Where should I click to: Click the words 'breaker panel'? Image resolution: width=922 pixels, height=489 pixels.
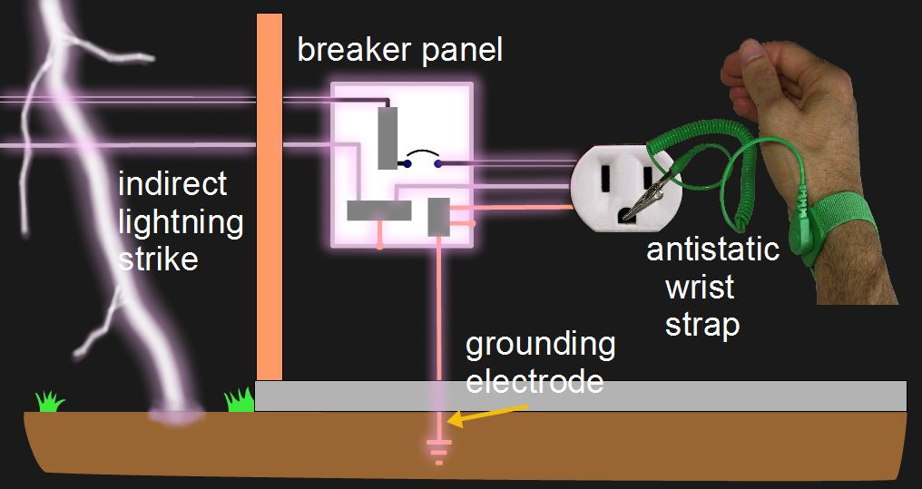(399, 51)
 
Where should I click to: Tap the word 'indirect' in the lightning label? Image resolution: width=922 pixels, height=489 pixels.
(172, 184)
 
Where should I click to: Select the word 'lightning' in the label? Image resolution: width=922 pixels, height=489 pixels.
(181, 221)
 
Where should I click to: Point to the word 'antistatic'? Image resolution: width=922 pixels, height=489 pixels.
(712, 249)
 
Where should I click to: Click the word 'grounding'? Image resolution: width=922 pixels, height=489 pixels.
(540, 345)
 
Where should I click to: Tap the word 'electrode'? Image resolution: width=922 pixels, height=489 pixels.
(535, 380)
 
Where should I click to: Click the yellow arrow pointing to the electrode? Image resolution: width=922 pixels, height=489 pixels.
(491, 415)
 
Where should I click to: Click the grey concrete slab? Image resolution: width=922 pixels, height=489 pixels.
(581, 396)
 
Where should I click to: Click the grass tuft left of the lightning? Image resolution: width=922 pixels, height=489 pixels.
(51, 400)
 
